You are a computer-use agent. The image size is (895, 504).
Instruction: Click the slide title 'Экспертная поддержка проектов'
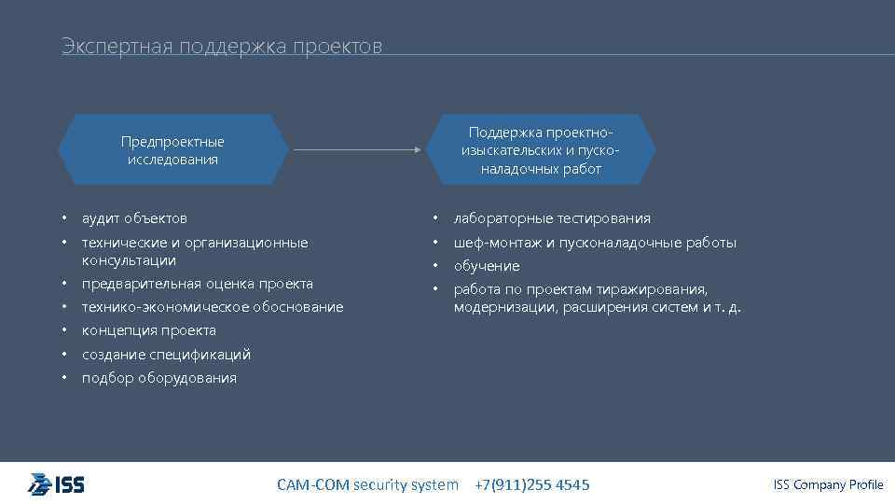[222, 47]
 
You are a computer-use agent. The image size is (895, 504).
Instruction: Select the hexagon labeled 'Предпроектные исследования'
[172, 150]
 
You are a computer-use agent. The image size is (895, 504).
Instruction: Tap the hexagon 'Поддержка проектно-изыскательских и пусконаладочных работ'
[541, 149]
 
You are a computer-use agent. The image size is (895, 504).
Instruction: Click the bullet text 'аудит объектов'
[134, 218]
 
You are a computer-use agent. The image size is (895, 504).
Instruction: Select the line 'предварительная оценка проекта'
[197, 284]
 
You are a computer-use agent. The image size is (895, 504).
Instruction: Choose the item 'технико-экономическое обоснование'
[212, 307]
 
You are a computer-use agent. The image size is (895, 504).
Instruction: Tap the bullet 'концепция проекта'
[148, 330]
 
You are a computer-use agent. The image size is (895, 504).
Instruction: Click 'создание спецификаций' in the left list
[166, 355]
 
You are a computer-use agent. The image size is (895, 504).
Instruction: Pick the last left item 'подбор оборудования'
[158, 378]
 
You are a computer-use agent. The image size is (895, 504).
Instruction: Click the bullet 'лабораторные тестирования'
[552, 218]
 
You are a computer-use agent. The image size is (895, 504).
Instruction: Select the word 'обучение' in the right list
[487, 266]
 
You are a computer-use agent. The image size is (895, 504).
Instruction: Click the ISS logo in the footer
[56, 484]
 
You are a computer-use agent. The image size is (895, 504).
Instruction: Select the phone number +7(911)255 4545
[532, 484]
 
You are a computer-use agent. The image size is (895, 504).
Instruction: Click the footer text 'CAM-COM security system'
[367, 484]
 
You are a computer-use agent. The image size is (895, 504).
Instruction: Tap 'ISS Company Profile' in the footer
[828, 484]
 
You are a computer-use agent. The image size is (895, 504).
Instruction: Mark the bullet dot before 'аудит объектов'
[65, 218]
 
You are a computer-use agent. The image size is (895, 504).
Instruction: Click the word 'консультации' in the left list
[129, 260]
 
